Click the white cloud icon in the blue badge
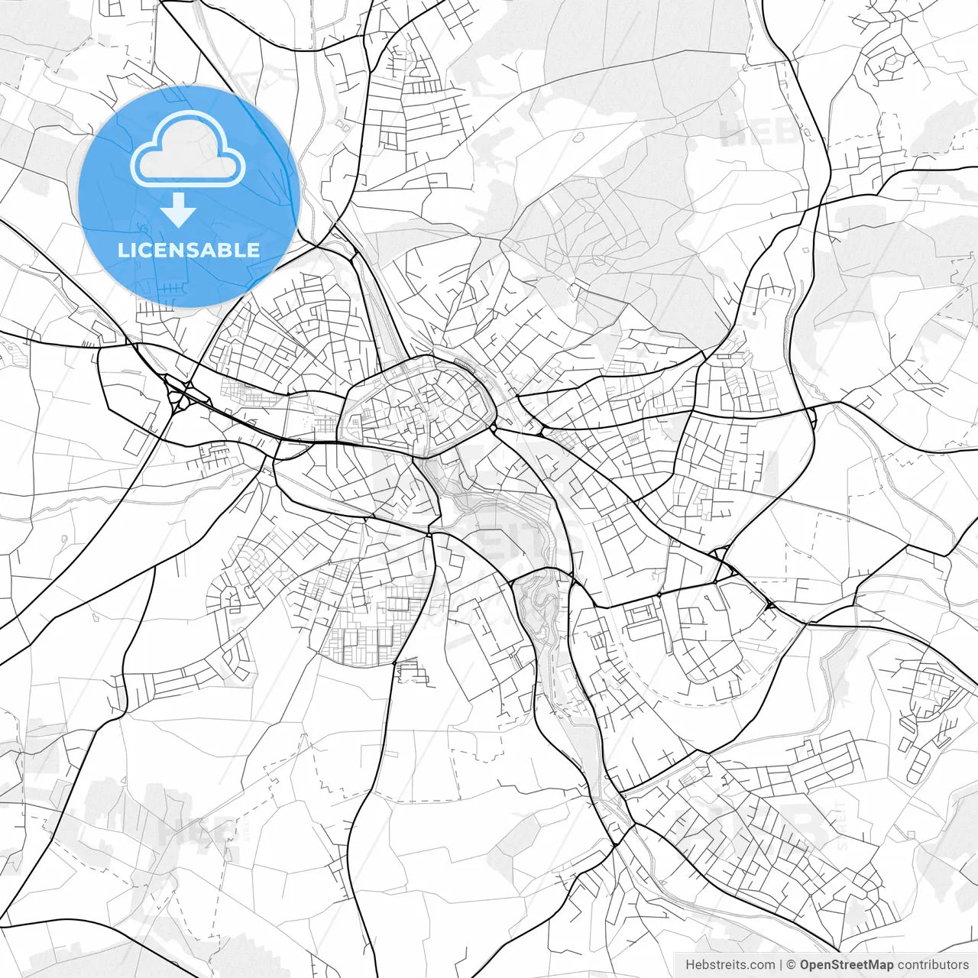(188, 148)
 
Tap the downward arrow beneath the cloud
(178, 210)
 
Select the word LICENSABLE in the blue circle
(188, 250)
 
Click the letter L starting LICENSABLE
(122, 250)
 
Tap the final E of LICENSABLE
(253, 250)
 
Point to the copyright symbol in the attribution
(792, 964)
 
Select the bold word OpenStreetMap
(847, 964)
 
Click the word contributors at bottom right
(933, 964)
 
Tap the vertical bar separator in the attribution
(781, 964)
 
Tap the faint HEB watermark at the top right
(756, 131)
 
